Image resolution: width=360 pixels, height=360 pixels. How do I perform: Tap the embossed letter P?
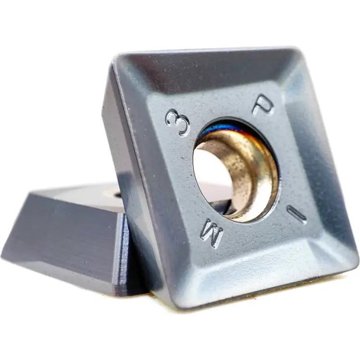click(x=264, y=106)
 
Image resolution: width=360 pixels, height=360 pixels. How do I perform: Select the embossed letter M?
click(x=212, y=233)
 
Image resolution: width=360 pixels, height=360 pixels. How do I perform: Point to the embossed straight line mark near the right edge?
click(x=296, y=214)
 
